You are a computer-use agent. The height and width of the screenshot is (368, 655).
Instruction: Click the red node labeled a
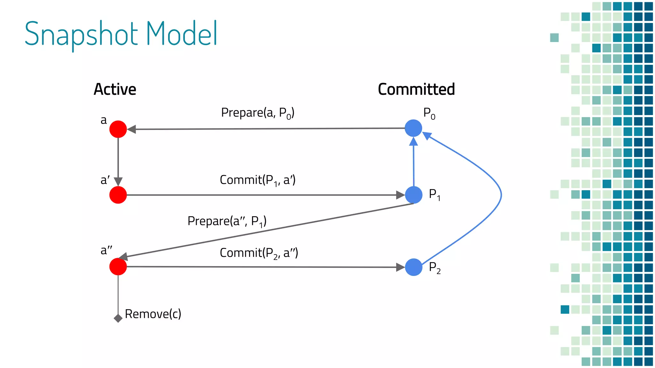pos(118,129)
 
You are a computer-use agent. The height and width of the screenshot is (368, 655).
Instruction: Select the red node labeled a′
pos(118,195)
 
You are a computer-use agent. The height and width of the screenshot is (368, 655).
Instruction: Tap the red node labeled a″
pos(118,266)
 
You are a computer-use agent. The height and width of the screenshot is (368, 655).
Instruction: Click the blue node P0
pos(413,128)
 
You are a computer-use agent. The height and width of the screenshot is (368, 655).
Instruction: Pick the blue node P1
pos(414,195)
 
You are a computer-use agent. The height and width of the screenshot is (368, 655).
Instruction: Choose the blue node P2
pos(414,267)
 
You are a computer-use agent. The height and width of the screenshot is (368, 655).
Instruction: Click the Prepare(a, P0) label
pos(257,113)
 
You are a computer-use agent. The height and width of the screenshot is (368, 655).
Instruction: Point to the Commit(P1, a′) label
pos(257,180)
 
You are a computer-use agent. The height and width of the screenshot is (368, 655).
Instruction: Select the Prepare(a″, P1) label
pos(227,221)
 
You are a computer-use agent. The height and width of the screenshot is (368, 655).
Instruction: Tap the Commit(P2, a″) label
pos(259,253)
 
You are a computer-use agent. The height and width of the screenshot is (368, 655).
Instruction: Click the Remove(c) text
pos(153,314)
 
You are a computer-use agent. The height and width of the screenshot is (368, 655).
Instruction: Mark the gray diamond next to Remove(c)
pos(118,318)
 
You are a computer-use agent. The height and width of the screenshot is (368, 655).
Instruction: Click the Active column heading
pos(115,89)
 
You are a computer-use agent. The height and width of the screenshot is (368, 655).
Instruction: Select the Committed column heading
pos(416,89)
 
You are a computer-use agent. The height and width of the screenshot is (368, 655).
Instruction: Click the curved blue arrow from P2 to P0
pos(501,195)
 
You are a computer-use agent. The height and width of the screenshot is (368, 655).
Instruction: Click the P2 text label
pos(434,268)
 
